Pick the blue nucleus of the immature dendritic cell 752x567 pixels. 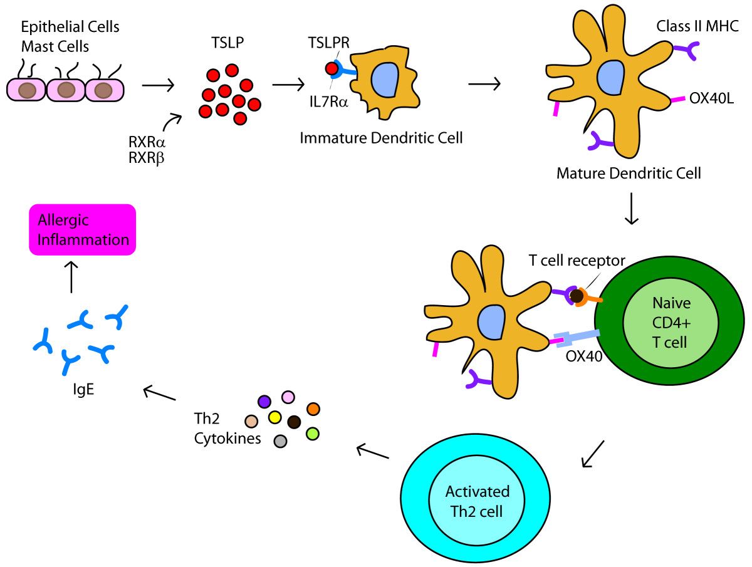(384, 80)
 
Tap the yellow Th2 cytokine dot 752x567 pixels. (274, 417)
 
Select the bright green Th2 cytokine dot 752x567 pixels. (313, 433)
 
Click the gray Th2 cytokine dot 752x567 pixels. (280, 441)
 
